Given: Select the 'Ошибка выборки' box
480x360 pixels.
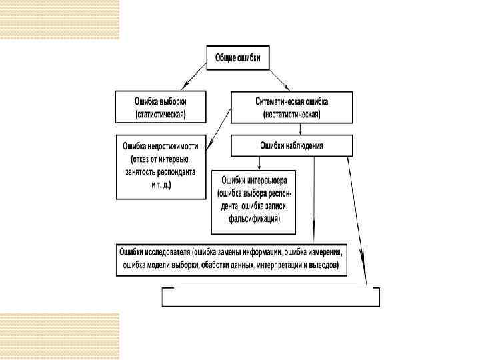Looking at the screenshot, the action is [161, 107].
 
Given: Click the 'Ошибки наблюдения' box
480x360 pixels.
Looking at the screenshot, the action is [291, 145].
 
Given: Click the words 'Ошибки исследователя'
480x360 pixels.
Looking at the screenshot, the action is [154, 253].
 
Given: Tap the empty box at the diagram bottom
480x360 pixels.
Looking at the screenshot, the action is [271, 297].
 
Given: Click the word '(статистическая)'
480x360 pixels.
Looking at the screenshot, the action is [161, 115].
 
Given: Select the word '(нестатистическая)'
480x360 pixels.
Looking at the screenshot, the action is [291, 115].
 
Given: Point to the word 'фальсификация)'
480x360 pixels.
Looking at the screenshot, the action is [253, 219].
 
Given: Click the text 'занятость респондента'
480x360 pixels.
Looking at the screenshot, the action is [161, 171].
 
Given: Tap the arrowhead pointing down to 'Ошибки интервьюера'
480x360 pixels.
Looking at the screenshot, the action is [259, 167].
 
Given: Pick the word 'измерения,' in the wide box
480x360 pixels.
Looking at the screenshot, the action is [324, 253].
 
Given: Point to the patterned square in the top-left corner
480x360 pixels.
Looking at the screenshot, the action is [59, 20].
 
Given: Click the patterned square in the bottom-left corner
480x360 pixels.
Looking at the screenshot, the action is [59, 336].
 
